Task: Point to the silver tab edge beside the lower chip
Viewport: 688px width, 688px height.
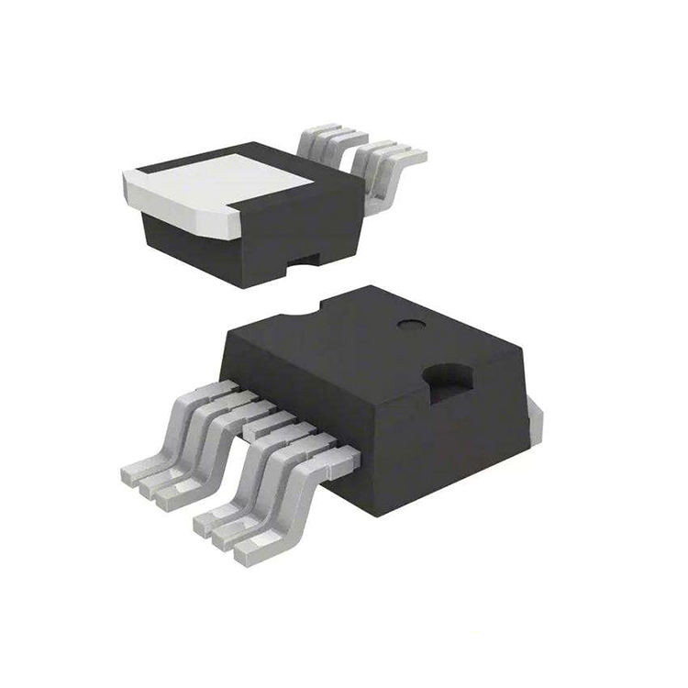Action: [x=535, y=423]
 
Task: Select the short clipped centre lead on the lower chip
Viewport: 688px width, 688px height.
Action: [x=261, y=423]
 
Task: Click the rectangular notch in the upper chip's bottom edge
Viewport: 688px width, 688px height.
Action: [x=305, y=268]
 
